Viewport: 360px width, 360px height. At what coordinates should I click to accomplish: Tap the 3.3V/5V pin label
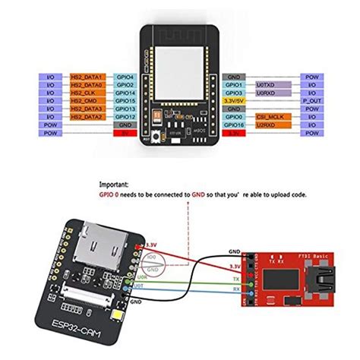point(236,100)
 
